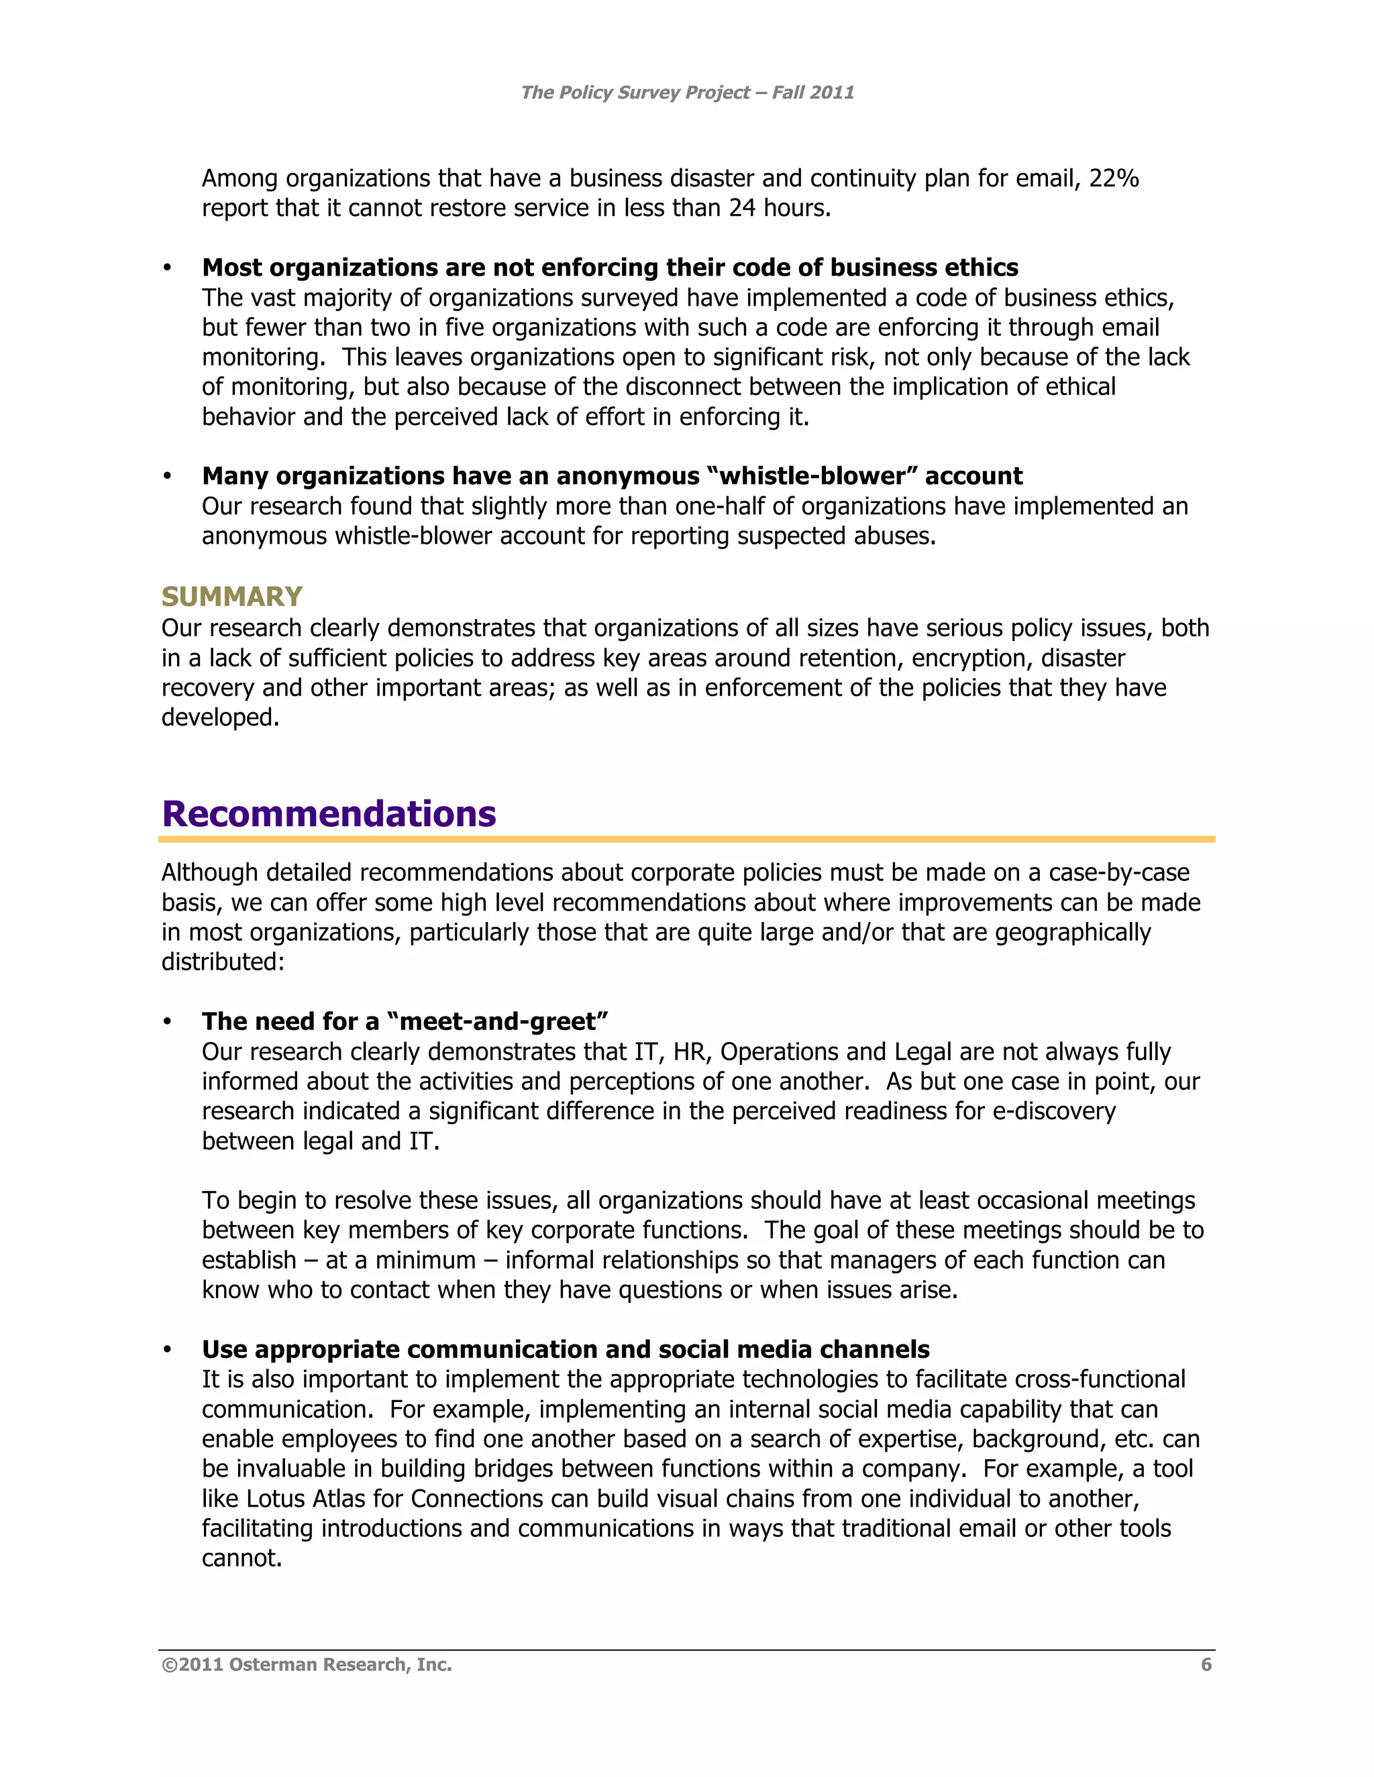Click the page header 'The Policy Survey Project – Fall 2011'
[687, 93]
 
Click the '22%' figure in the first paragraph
[1113, 178]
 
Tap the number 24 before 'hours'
[741, 209]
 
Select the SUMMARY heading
[232, 596]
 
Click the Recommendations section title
[329, 813]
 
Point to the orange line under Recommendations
[687, 839]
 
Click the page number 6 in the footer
[1206, 1665]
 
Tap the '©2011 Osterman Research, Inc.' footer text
[307, 1665]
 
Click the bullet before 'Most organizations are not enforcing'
[167, 268]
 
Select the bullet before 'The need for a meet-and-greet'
[167, 1022]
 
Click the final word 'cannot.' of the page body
[242, 1558]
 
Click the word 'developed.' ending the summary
[220, 718]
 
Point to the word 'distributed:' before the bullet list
[223, 962]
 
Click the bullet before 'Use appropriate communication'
[167, 1350]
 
